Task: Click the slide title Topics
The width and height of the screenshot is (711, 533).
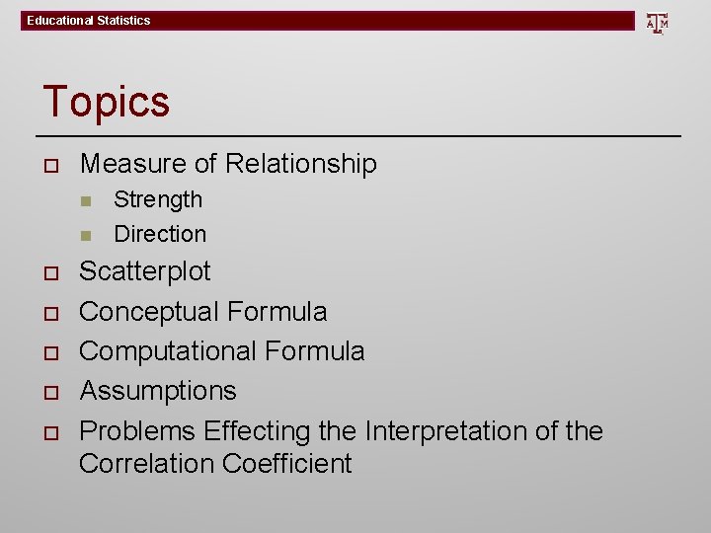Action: [106, 101]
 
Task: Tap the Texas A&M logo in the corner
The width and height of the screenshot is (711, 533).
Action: [657, 22]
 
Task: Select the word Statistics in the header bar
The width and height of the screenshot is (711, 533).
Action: [122, 21]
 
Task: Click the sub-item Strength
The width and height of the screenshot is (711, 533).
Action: [158, 199]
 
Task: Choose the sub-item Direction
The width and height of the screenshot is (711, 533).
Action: [160, 234]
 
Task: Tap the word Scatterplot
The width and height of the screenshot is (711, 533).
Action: [145, 271]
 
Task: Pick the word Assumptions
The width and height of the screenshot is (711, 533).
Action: [158, 391]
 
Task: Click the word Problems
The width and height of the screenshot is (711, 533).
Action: [137, 431]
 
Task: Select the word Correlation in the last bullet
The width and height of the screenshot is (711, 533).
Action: [147, 464]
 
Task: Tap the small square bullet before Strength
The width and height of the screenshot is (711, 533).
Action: [86, 200]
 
